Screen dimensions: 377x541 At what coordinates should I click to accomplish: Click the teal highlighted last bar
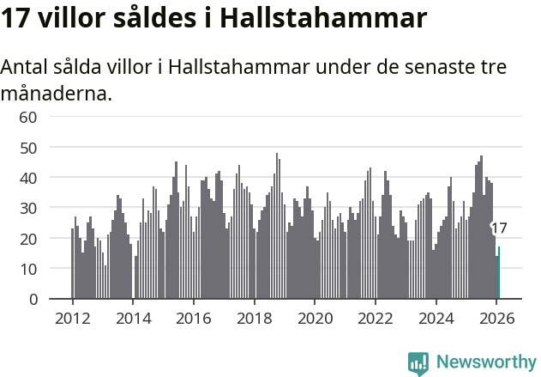tap(499, 273)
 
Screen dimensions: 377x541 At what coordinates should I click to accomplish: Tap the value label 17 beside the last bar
tap(499, 228)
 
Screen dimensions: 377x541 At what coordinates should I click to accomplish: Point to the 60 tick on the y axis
tap(28, 117)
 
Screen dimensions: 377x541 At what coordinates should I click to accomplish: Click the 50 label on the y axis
tap(28, 148)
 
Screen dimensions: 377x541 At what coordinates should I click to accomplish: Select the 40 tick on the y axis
tap(28, 178)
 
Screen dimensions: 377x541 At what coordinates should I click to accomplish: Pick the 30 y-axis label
tap(28, 208)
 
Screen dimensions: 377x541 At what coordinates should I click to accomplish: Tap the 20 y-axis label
tap(28, 239)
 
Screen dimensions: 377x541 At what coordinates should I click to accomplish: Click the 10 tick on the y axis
tap(28, 269)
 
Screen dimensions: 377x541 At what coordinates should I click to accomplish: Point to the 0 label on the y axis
tap(33, 300)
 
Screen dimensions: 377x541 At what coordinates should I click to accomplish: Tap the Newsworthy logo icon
tap(418, 362)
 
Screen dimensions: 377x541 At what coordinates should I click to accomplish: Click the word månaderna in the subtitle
tap(56, 93)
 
